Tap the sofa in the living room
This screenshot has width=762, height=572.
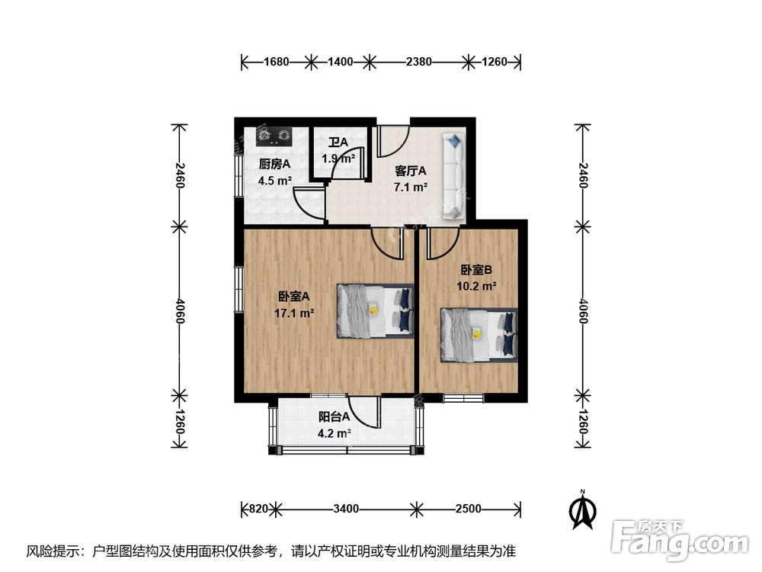(454, 176)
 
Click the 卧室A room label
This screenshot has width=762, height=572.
(293, 297)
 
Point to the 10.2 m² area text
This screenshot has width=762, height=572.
(477, 286)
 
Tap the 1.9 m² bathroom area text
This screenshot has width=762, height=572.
(338, 159)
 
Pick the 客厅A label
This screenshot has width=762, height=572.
(410, 171)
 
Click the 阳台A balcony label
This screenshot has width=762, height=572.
(334, 417)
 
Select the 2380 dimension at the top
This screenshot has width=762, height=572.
(418, 63)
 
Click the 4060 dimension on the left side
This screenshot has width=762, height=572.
(179, 311)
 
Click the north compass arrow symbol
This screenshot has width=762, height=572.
(583, 509)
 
